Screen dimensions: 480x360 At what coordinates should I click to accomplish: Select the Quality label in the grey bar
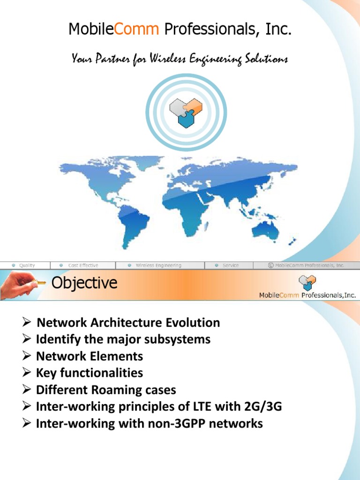click(27, 265)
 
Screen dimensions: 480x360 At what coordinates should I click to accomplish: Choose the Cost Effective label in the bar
click(83, 265)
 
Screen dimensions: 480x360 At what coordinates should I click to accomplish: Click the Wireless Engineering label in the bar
click(158, 265)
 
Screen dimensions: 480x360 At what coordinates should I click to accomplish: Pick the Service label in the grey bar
click(230, 265)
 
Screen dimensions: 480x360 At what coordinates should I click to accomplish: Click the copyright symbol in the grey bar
click(270, 265)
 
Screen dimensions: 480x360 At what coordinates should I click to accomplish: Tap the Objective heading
click(84, 284)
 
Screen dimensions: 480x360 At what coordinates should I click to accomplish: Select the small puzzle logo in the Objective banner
click(307, 283)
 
